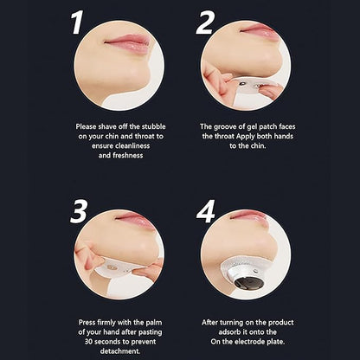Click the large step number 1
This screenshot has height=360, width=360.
click(77, 22)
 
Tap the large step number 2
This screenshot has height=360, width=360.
click(205, 22)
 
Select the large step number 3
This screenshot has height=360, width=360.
click(79, 211)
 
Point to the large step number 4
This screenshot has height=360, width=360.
click(206, 211)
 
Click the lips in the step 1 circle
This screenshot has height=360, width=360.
click(127, 42)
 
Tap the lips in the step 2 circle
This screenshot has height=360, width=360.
click(257, 31)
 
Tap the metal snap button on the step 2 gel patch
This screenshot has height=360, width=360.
click(242, 84)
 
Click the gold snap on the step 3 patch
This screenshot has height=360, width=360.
click(112, 267)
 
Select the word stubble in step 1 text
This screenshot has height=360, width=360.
click(153, 126)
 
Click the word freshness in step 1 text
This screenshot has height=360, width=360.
click(128, 156)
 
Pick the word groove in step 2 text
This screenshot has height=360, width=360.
click(225, 127)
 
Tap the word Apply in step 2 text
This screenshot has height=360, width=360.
click(246, 137)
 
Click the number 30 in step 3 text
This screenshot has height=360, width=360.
click(88, 342)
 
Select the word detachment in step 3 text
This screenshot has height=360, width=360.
click(120, 351)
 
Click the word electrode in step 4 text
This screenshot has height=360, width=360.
click(248, 342)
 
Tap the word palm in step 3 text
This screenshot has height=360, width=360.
click(154, 323)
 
